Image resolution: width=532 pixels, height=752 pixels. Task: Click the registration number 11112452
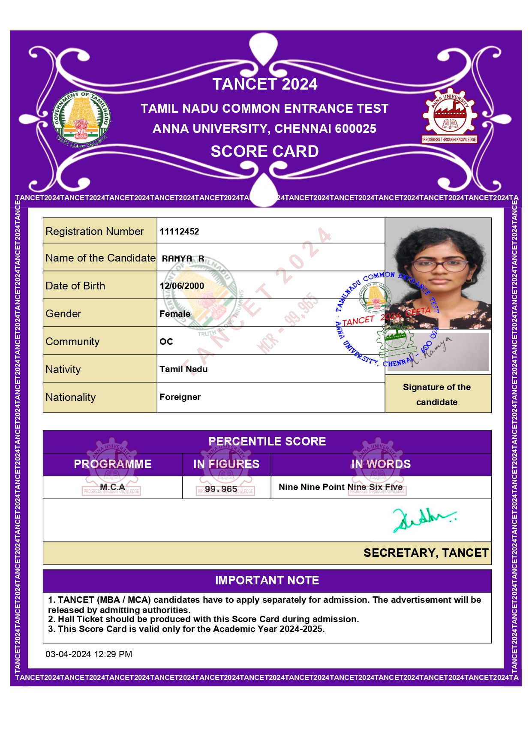pos(179,232)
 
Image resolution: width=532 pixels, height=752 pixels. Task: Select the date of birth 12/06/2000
pos(182,286)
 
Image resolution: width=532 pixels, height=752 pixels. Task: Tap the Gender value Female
pos(175,314)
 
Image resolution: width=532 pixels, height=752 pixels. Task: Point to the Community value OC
pos(166,342)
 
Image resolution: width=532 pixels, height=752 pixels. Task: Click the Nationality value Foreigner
pos(180,397)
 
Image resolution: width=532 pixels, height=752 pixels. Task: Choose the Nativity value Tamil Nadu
pos(183,369)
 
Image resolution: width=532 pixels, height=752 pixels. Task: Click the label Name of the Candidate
pos(100,258)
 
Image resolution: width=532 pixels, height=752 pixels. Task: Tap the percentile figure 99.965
pos(221,489)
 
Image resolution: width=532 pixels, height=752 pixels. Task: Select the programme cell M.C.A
pos(112,487)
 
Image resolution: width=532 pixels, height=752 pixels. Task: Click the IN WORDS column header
pos(381,464)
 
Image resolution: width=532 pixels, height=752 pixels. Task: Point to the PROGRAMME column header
pos(113,464)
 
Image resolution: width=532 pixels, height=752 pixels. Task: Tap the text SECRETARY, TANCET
pos(426,553)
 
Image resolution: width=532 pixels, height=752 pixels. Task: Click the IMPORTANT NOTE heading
pos(267,581)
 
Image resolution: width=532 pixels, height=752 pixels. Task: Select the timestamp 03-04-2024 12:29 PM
pos(89,654)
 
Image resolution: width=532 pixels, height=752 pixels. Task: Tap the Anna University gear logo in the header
pos(449,116)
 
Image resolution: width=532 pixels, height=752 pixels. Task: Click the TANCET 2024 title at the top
pos(265,84)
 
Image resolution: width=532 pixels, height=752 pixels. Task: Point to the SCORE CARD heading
pos(265,151)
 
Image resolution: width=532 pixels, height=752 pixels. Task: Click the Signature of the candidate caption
pos(437,394)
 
